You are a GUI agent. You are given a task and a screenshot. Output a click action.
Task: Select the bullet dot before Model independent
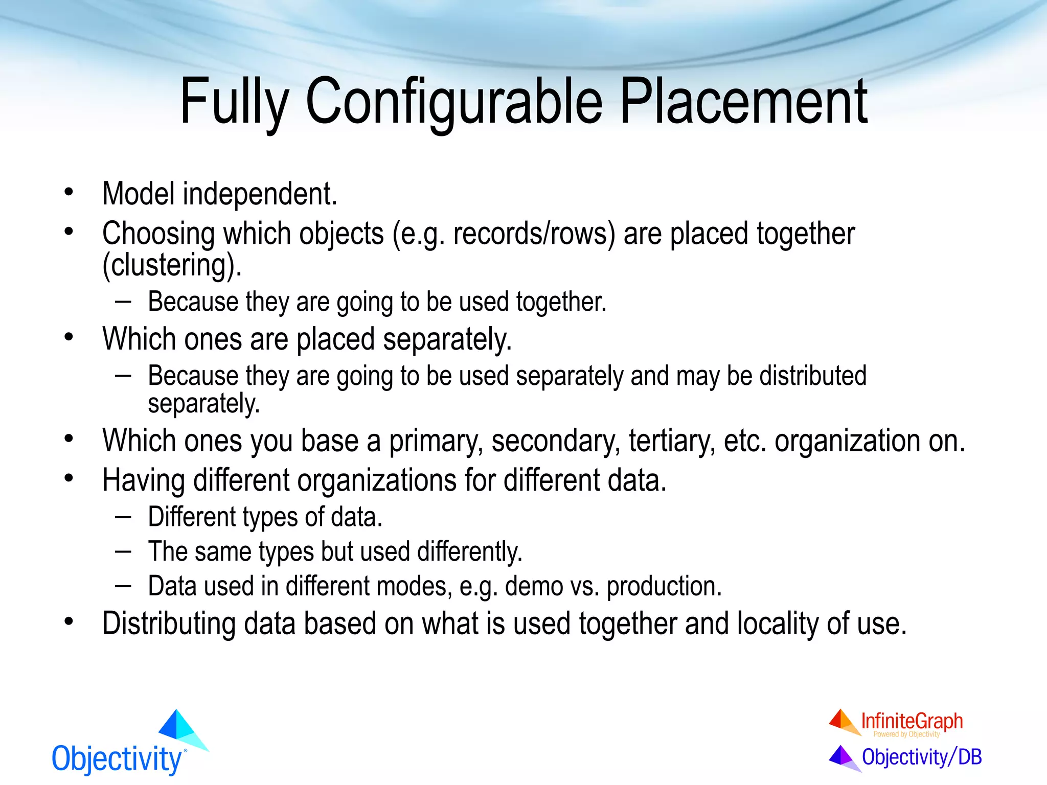tap(69, 193)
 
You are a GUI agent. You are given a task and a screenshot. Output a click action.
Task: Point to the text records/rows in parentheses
tap(534, 234)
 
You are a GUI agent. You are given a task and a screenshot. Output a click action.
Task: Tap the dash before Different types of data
tap(123, 516)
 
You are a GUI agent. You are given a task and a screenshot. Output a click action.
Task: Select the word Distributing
tap(169, 624)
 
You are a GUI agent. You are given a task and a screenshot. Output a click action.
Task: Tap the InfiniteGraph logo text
tap(912, 721)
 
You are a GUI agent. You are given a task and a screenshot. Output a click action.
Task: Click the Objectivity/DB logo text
tap(921, 757)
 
